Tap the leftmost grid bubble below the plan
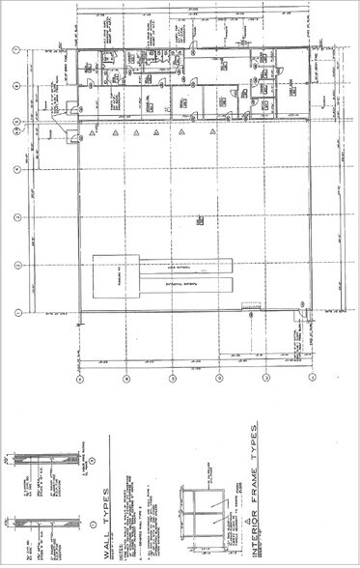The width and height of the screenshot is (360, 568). pyautogui.click(x=79, y=379)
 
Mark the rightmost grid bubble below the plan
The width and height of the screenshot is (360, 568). pyautogui.click(x=311, y=379)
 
